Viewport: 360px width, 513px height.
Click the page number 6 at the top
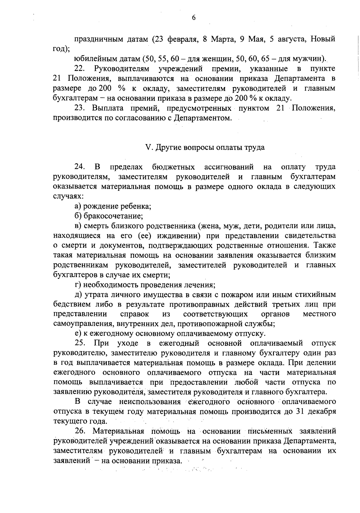[x=193, y=18]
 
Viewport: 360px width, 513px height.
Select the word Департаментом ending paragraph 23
[x=205, y=118]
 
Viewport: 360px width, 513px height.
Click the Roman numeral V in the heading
[x=147, y=148]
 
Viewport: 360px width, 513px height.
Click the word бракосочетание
[x=113, y=216]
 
